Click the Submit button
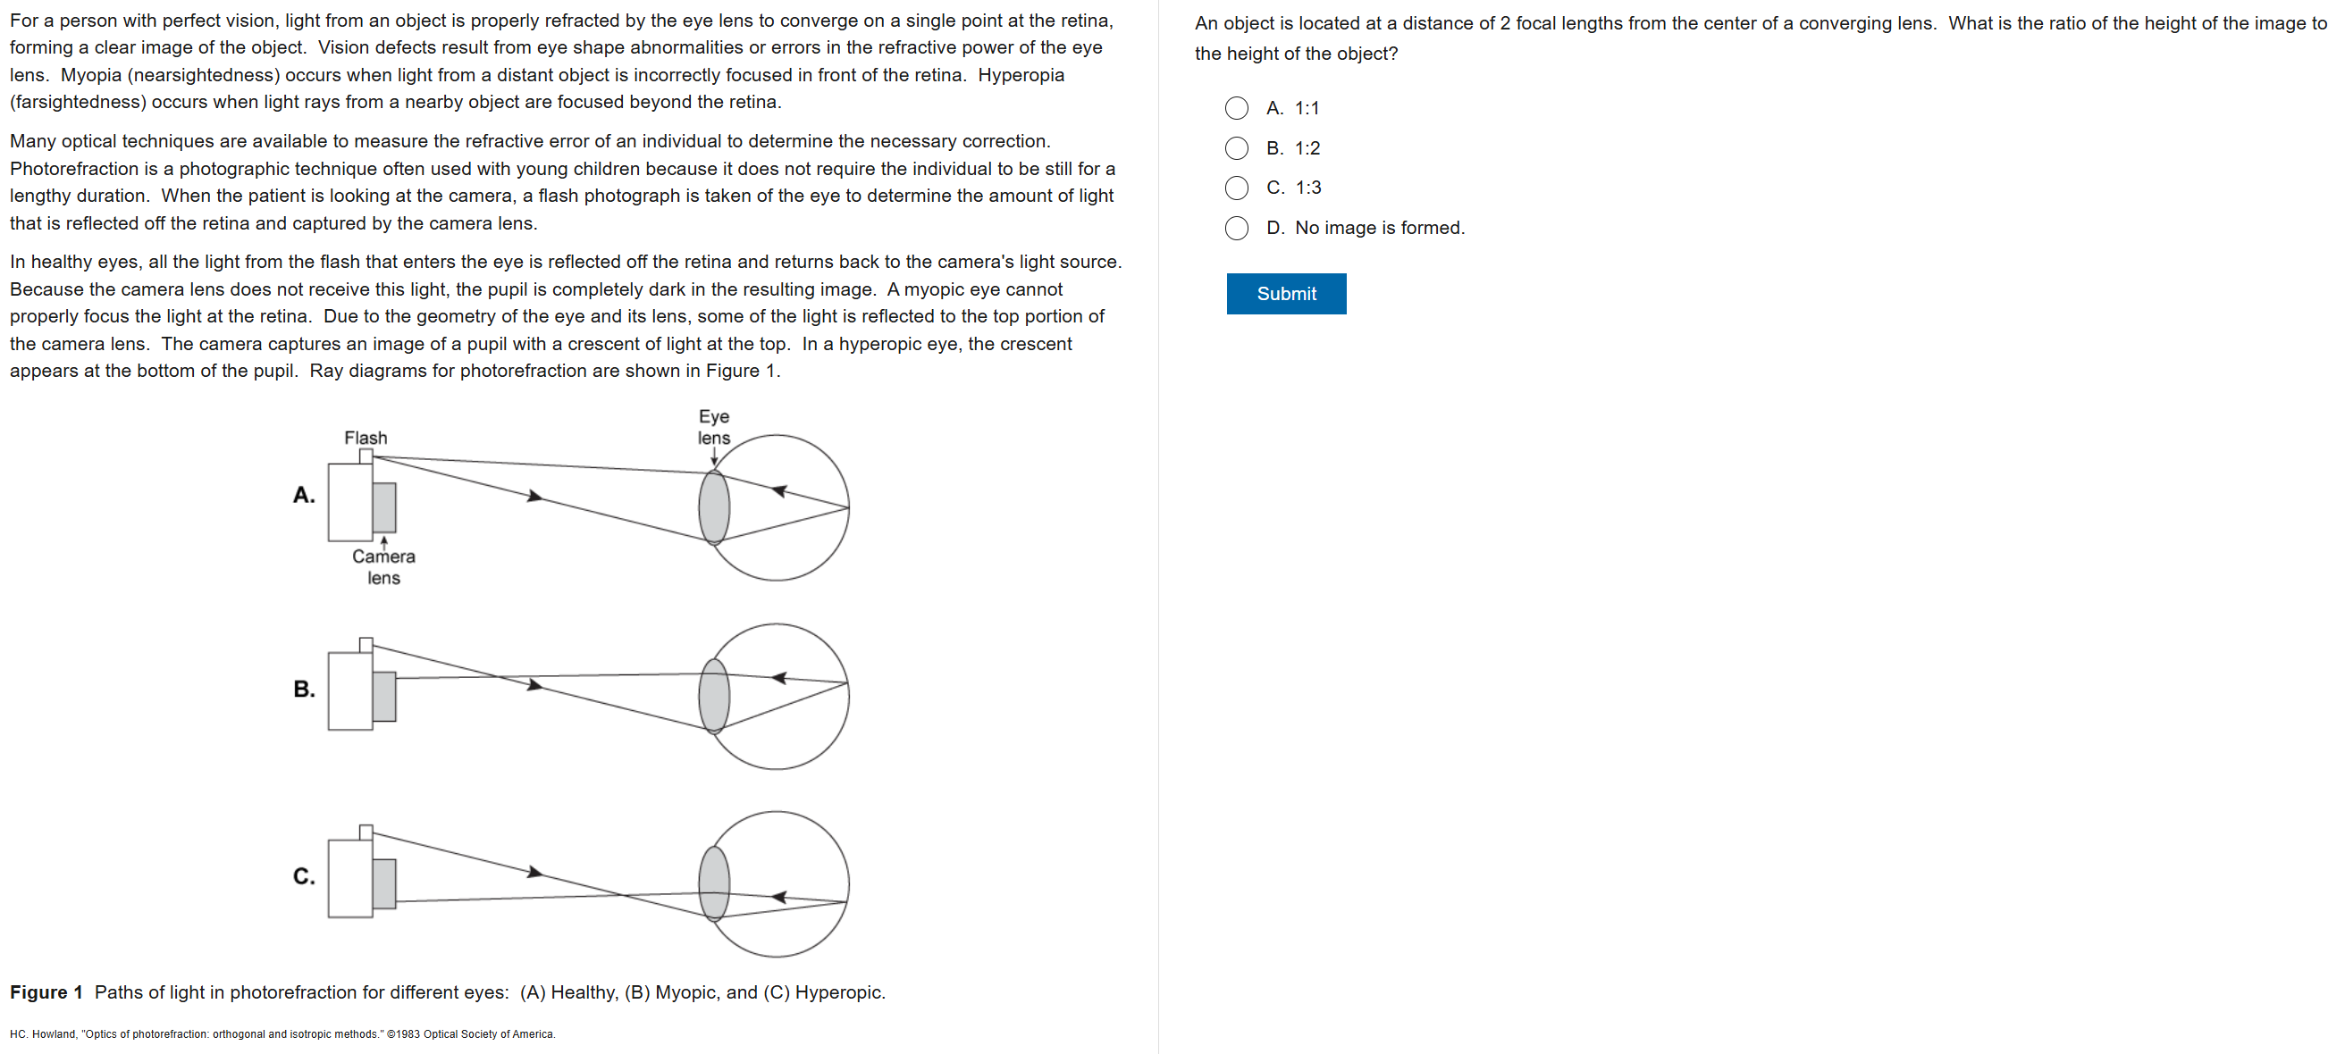(1285, 294)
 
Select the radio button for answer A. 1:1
(1236, 108)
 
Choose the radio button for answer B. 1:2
(1236, 148)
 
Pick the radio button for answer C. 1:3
(1236, 188)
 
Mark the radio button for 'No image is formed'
(1236, 228)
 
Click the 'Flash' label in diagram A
(365, 438)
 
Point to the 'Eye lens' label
(714, 427)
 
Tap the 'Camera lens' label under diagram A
(383, 566)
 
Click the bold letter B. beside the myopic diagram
(304, 689)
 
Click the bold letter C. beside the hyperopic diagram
(304, 875)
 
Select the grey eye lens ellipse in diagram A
(714, 507)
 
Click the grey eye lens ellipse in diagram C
(714, 883)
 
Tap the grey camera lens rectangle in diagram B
(384, 697)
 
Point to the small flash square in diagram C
(366, 832)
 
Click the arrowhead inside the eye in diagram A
(779, 491)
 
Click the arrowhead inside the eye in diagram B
(779, 678)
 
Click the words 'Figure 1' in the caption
(46, 992)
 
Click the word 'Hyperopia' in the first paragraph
(1021, 75)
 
